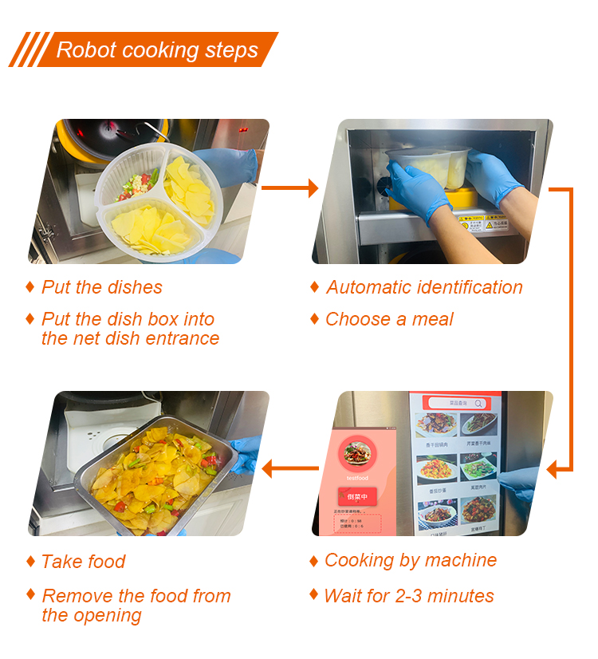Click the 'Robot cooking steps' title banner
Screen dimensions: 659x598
point(151,50)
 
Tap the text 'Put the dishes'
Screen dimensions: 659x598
point(102,288)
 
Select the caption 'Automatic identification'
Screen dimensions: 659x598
point(424,288)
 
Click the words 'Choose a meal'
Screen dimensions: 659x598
point(389,320)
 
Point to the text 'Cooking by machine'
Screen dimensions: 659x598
point(410,561)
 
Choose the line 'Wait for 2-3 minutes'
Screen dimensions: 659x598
point(409,596)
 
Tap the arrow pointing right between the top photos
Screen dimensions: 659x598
point(289,188)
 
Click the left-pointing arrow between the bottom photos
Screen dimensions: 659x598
point(289,469)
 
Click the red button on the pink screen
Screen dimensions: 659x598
point(356,496)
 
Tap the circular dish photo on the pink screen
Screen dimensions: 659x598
point(357,453)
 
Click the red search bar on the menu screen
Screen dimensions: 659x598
point(457,404)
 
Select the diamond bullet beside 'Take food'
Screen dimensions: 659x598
point(30,562)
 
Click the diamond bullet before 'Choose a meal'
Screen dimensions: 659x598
point(314,319)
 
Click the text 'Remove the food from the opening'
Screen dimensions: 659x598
point(136,606)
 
